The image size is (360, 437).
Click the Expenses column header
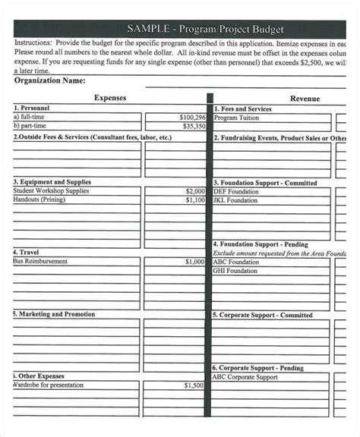click(x=109, y=98)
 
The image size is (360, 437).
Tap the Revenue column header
click(x=305, y=99)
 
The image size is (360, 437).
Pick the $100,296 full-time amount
click(x=192, y=118)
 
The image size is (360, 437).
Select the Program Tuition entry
click(x=236, y=118)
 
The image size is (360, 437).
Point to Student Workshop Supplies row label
click(x=50, y=191)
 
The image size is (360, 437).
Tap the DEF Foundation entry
click(x=235, y=192)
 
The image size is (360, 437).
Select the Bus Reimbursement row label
click(x=40, y=261)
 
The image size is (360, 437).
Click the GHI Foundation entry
click(x=235, y=271)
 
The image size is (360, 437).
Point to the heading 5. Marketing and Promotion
click(x=54, y=313)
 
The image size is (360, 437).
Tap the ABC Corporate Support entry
click(x=245, y=376)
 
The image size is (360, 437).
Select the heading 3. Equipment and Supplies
click(x=52, y=182)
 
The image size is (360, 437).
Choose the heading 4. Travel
click(x=27, y=252)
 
